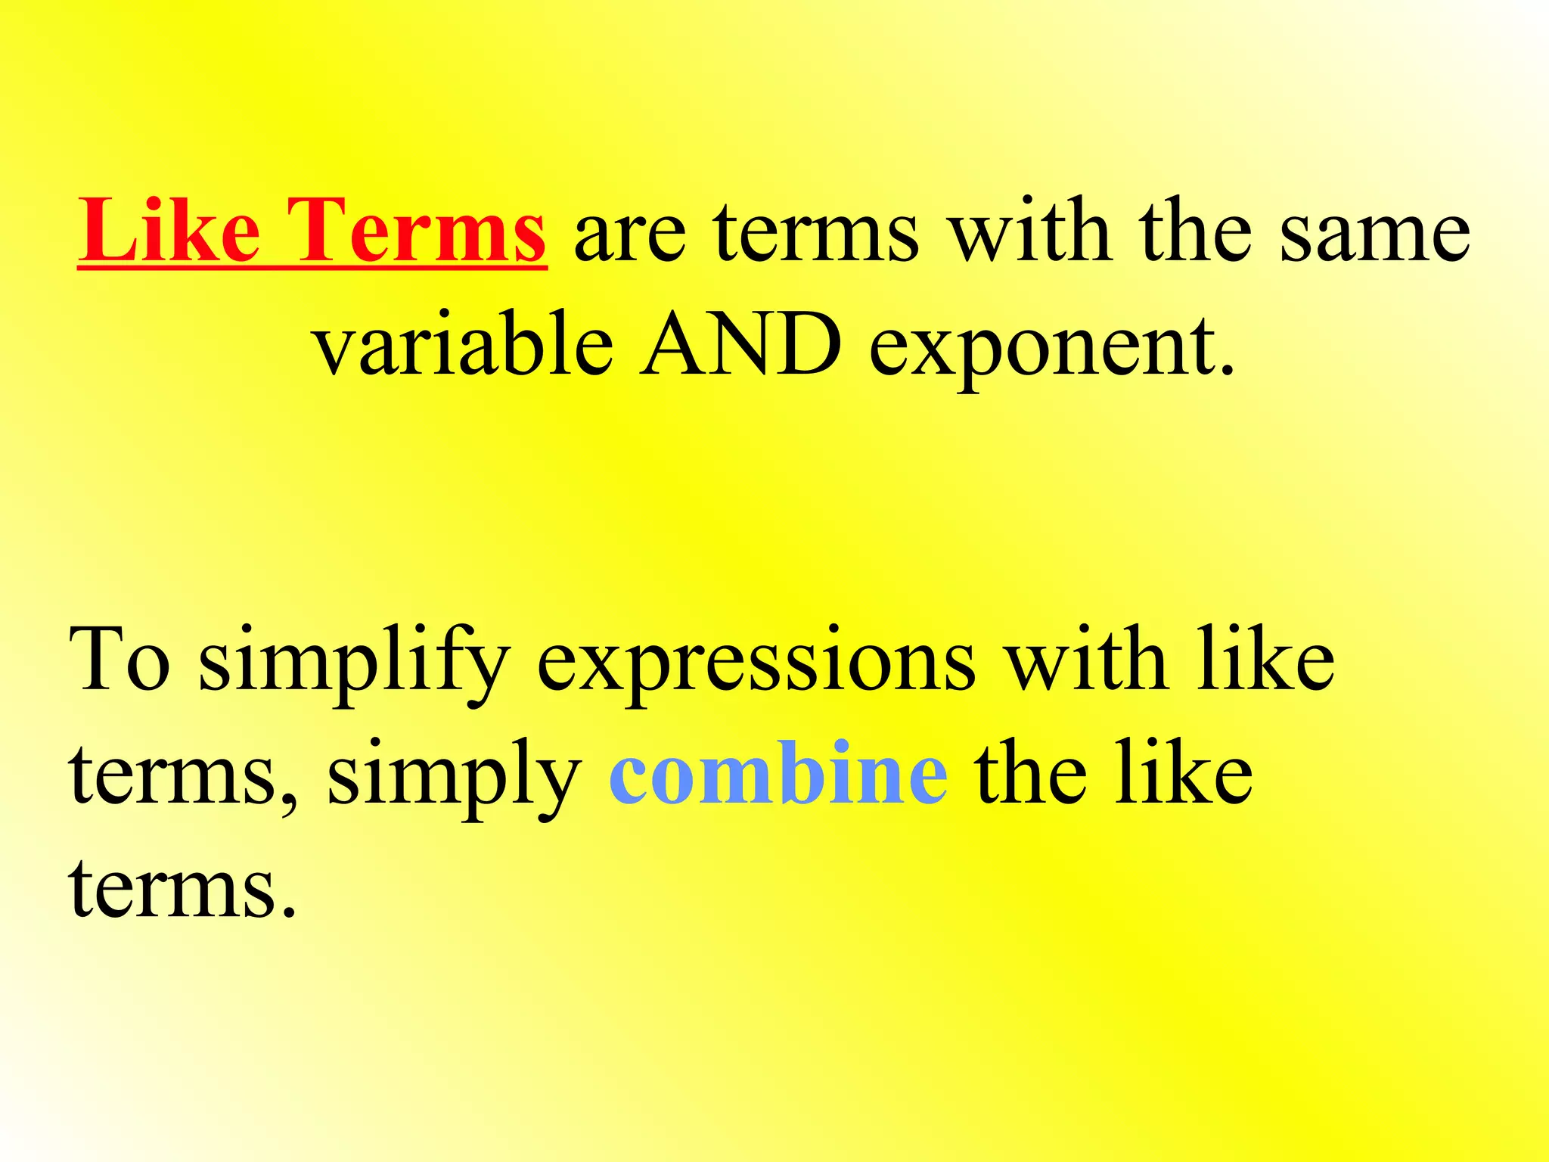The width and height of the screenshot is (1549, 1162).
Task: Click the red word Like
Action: coord(169,230)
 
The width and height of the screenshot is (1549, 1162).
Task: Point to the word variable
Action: coord(463,345)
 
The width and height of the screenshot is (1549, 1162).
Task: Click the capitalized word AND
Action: coord(740,345)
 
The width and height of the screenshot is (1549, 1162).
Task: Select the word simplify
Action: coord(353,663)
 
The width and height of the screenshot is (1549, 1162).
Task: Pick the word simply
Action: coord(454,779)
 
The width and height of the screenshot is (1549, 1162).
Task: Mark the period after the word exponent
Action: coord(1227,371)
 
